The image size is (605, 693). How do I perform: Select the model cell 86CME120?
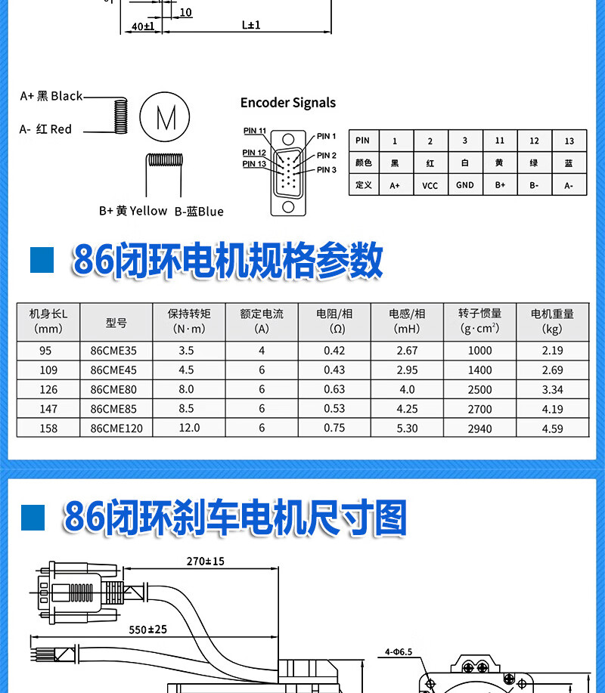116,428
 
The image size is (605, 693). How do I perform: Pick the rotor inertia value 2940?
479,428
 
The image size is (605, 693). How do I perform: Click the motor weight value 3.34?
552,390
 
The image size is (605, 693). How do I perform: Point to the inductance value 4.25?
407,410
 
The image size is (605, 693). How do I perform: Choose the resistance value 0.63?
334,390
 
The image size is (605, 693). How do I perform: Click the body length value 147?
48,410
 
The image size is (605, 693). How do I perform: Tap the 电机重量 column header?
552,321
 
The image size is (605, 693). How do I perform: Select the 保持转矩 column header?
189,321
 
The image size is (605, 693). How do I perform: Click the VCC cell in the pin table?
430,185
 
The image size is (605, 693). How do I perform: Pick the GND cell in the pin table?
464,185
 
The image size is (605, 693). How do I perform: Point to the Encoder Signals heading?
287,103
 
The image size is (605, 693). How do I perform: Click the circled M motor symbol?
165,117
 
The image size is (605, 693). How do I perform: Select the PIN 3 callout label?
326,170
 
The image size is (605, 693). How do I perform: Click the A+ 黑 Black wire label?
51,96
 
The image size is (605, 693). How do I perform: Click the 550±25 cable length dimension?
147,630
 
